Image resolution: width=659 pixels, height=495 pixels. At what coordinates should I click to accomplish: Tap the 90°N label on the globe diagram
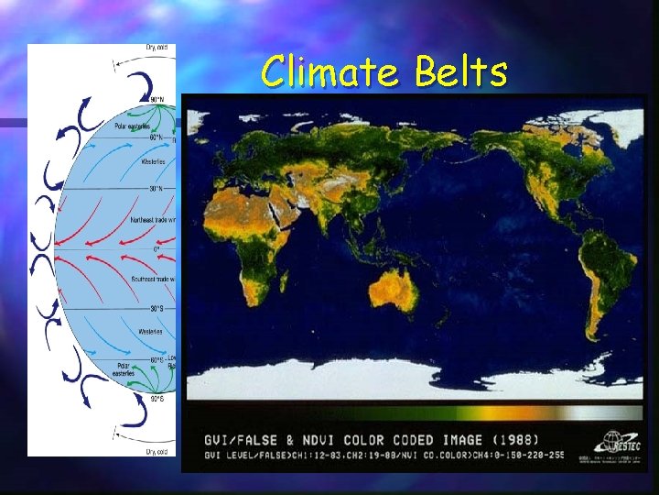click(x=157, y=99)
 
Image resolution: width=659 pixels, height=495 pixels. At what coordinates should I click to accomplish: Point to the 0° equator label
click(x=157, y=248)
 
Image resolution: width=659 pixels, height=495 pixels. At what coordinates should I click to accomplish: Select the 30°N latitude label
click(x=158, y=189)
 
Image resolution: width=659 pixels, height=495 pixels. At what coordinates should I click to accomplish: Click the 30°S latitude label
click(x=158, y=308)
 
